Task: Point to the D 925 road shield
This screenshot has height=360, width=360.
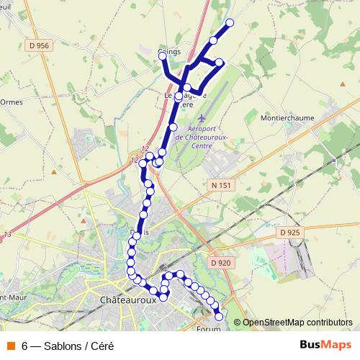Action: [289, 233]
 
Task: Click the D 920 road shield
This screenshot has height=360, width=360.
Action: [221, 263]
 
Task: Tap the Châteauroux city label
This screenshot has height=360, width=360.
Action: [128, 300]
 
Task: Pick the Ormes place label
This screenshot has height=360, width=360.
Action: [12, 102]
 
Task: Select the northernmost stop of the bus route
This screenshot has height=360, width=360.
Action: [230, 23]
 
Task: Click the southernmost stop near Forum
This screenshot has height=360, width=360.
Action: [219, 317]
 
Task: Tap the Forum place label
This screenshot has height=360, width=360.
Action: [208, 330]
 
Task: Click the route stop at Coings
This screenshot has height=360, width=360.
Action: [163, 56]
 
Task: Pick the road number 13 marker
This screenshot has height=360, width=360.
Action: [8, 235]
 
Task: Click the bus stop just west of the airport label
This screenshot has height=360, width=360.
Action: [172, 127]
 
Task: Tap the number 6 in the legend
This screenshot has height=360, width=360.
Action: [25, 345]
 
